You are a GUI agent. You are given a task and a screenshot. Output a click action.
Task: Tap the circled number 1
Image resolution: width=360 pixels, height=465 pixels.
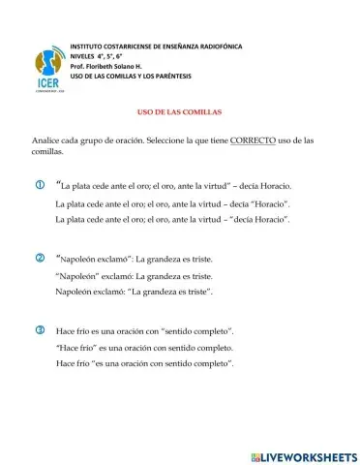point(40,184)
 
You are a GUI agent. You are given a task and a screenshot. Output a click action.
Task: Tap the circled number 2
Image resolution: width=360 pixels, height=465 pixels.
point(40,258)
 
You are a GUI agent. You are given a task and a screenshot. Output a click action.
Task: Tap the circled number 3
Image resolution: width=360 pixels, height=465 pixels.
point(40,330)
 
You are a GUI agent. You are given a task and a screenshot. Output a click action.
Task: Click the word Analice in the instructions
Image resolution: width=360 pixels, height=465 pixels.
point(46,141)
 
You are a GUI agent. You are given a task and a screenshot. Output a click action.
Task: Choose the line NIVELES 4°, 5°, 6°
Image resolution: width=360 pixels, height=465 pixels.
point(104,57)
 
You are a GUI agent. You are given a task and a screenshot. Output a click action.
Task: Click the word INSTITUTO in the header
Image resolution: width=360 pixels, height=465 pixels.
point(91,46)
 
